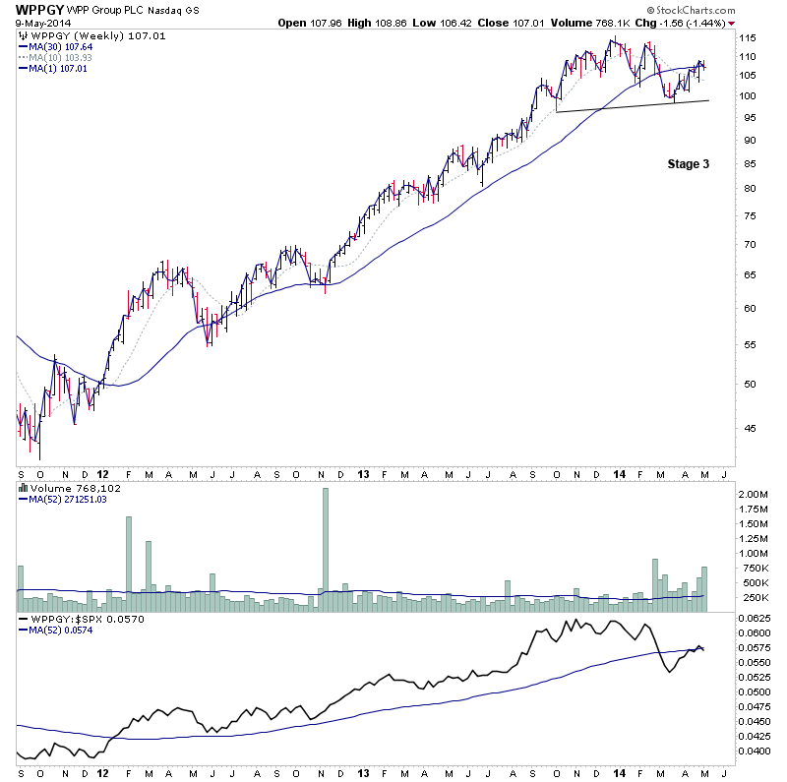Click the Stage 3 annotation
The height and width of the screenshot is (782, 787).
689,164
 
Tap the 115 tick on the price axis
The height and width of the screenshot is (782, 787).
751,37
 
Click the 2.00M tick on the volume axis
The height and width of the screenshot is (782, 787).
757,494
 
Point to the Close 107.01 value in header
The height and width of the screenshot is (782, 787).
503,23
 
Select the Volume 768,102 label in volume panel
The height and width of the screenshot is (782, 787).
63,487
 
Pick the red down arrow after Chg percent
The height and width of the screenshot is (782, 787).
732,23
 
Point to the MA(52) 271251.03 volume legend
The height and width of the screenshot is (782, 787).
65,499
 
